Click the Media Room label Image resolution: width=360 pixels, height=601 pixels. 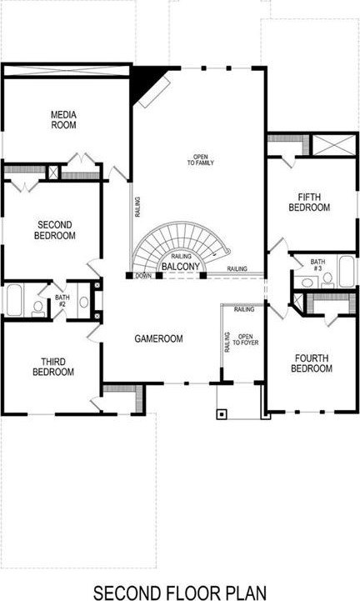tap(63, 119)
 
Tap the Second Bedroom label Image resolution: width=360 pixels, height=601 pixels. tap(55, 230)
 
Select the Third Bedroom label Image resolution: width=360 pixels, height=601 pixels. tap(53, 367)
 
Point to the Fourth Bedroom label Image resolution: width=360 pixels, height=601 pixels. tap(312, 363)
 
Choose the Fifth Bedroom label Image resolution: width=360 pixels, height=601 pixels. tap(309, 203)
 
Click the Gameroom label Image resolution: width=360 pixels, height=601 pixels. tap(158, 338)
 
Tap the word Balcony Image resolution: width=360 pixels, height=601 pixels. tap(181, 267)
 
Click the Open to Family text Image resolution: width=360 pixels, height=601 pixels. tap(201, 160)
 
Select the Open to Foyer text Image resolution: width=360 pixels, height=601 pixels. tap(246, 339)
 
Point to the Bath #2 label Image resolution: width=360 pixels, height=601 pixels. tap(62, 300)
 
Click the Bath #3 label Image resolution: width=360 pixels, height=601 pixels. tap(317, 265)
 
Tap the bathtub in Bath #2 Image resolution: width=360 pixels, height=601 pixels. tap(14, 300)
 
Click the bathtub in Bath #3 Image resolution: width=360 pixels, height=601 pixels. tap(347, 272)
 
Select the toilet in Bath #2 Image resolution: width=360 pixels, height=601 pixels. tap(38, 309)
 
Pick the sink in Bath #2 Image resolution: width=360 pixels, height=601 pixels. tap(83, 302)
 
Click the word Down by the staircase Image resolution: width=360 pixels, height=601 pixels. tap(143, 276)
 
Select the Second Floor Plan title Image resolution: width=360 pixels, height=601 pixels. tap(180, 593)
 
